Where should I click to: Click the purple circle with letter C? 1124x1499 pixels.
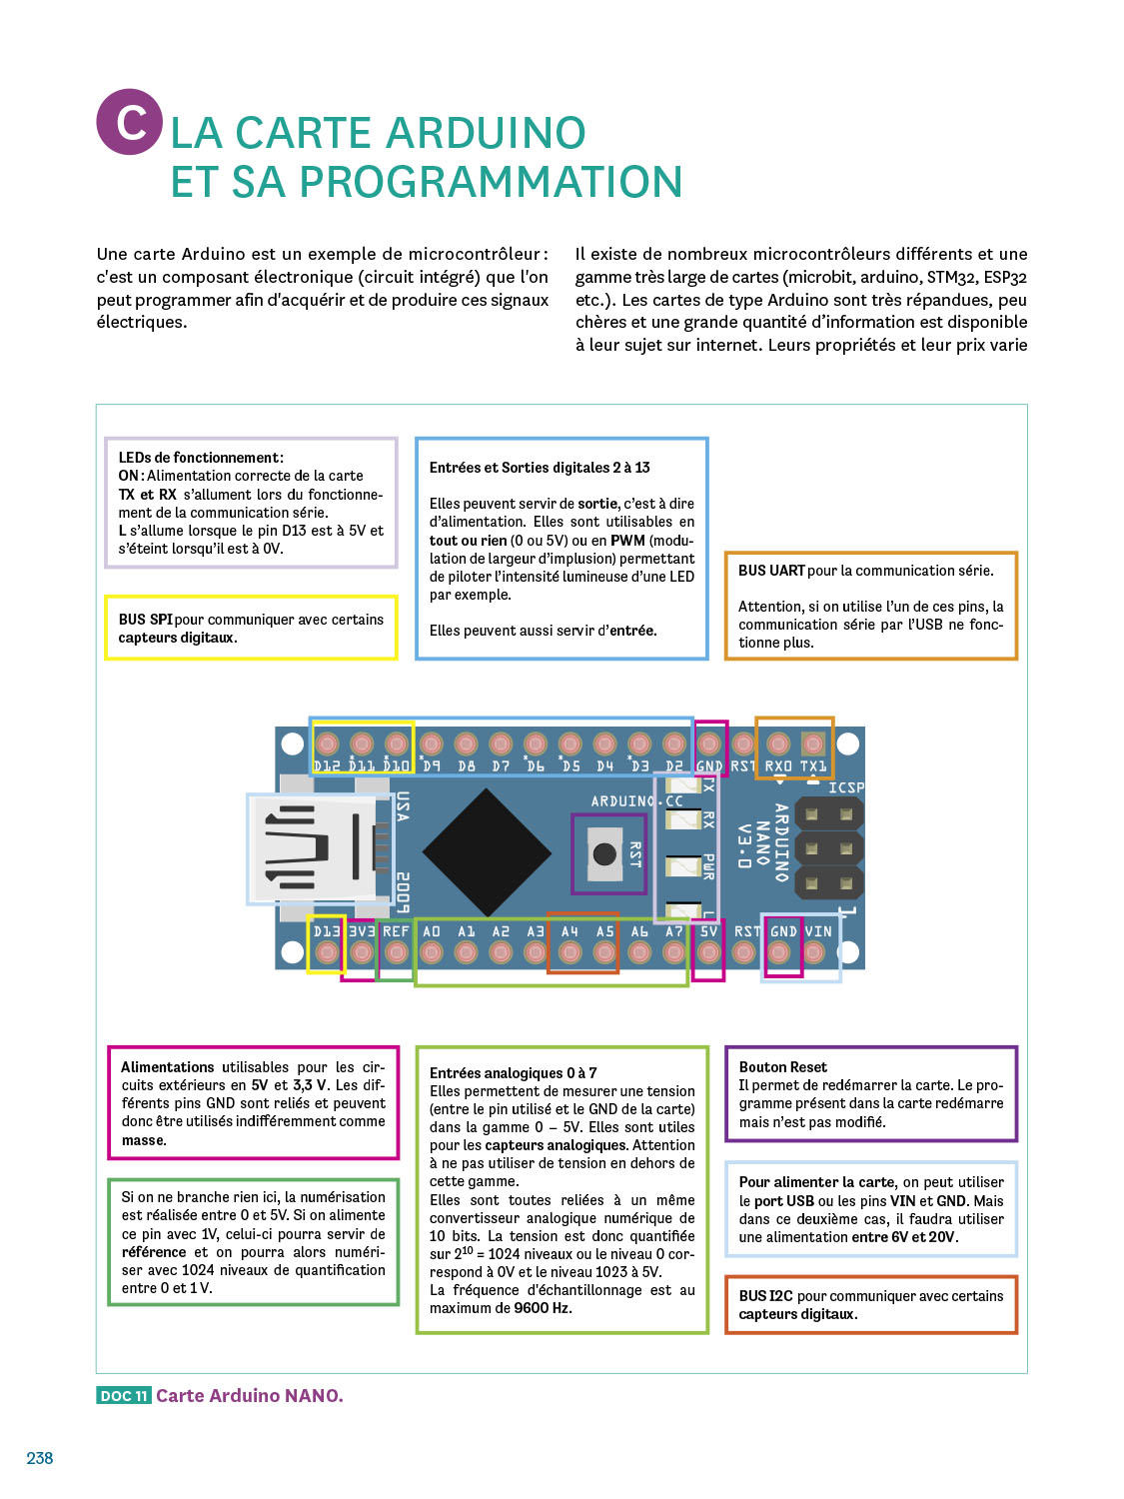pos(129,122)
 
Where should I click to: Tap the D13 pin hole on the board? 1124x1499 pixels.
pos(327,952)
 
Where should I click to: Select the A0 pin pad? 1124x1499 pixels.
pos(432,952)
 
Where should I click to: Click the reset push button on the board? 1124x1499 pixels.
pos(604,853)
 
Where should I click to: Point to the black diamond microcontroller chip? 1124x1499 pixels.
pos(487,853)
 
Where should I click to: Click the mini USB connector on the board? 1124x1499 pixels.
pos(315,849)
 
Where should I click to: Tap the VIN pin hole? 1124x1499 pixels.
pos(814,952)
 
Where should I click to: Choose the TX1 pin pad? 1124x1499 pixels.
pos(813,744)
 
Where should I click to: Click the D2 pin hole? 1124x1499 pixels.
pos(674,744)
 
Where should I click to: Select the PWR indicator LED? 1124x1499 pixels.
pos(684,864)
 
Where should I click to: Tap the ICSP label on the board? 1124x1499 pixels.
pos(845,787)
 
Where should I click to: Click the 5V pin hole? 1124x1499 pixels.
pos(708,952)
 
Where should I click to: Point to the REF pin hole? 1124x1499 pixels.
pos(397,952)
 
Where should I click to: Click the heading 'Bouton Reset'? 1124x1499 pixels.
pos(782,1067)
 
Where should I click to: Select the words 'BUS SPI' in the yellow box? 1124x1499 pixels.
pos(145,620)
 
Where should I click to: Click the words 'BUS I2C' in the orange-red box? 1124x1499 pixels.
pos(765,1296)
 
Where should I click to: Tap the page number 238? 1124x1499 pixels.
pos(40,1458)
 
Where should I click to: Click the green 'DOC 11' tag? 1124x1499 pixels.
pos(124,1396)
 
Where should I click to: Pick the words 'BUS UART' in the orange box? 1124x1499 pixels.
pos(771,571)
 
